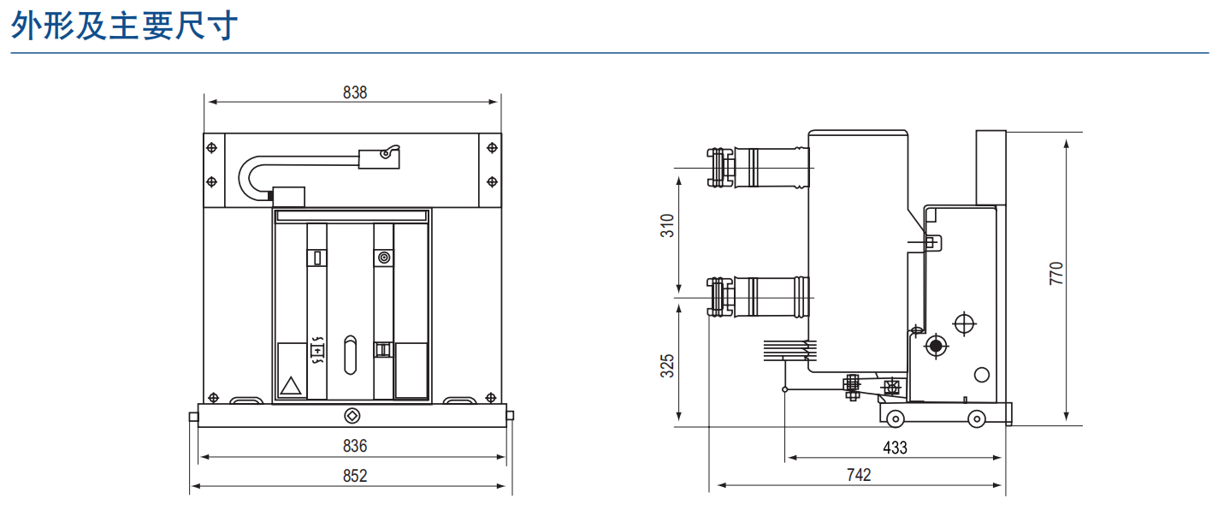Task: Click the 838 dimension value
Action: (355, 92)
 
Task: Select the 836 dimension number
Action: (355, 446)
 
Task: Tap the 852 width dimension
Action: (355, 476)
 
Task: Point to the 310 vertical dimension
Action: (668, 226)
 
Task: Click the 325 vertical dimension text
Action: (668, 366)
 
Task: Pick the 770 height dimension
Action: (1056, 274)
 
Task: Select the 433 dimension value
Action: (895, 448)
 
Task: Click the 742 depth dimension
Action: (859, 475)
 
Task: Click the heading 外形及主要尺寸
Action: (124, 26)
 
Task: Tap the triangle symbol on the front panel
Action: (291, 386)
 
